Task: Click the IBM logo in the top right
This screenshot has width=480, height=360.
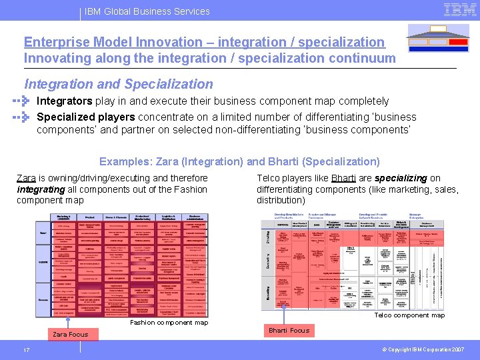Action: coord(459,9)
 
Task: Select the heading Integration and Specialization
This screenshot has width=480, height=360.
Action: coord(119,84)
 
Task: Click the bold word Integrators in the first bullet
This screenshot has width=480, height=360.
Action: coord(64,101)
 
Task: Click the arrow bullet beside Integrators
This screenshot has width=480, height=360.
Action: coord(23,101)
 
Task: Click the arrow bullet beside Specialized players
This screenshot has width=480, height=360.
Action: coord(23,117)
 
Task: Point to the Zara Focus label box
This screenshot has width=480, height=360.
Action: coord(70,334)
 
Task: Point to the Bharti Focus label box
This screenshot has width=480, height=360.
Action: coord(289,330)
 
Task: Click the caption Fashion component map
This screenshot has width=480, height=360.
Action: coord(169,323)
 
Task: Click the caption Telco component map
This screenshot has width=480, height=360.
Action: coord(409,315)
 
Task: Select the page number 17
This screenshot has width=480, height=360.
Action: coord(26,350)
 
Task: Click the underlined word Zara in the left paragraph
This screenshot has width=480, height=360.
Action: coord(26,178)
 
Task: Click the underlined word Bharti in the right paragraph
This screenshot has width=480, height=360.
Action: coord(343,178)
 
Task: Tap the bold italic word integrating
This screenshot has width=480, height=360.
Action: coord(41,189)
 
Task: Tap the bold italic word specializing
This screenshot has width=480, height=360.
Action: coord(401,178)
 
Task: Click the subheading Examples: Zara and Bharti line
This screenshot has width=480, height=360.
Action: coord(239,161)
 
